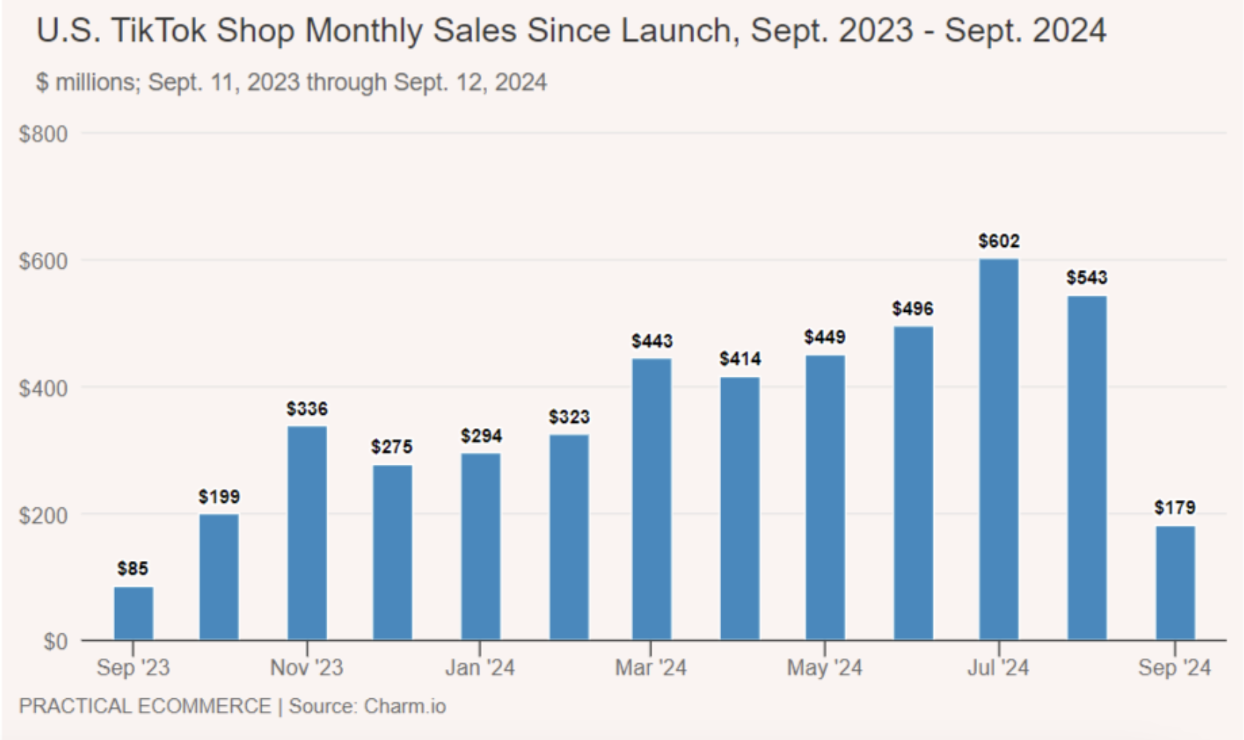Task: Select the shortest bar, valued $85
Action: coord(133,613)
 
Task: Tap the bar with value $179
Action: coord(1175,583)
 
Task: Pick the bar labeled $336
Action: coord(307,533)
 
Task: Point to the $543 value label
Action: coord(1086,278)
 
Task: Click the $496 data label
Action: coord(912,309)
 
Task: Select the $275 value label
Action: coord(392,447)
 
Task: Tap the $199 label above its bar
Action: coord(219,497)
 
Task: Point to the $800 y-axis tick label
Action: coord(43,134)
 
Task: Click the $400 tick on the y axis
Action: coord(43,388)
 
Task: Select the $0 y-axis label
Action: coord(55,642)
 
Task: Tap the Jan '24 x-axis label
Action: coord(480,667)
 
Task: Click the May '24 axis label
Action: coord(824,667)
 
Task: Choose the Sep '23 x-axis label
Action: coord(133,667)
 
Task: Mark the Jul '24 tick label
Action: coord(998,667)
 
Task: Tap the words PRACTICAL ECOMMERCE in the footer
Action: coord(145,706)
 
